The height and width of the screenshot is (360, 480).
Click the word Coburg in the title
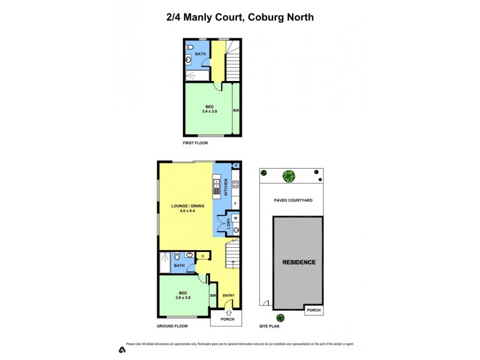click(x=264, y=17)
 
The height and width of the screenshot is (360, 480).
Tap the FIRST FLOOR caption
click(x=196, y=144)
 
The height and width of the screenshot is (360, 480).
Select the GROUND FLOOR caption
click(x=172, y=326)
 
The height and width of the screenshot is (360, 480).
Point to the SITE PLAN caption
click(x=269, y=326)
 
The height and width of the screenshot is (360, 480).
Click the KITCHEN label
click(x=226, y=188)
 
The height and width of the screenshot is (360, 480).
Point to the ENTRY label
click(x=228, y=295)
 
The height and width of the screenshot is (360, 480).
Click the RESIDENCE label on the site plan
click(x=299, y=262)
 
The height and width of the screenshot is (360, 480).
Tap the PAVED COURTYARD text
click(x=291, y=200)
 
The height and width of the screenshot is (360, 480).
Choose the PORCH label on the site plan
click(x=313, y=310)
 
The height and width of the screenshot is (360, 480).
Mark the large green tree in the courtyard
click(x=289, y=176)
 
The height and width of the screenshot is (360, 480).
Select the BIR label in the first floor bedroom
click(x=236, y=110)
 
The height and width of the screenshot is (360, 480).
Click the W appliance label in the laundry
click(x=235, y=218)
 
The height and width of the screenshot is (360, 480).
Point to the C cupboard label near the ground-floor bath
click(x=203, y=256)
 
